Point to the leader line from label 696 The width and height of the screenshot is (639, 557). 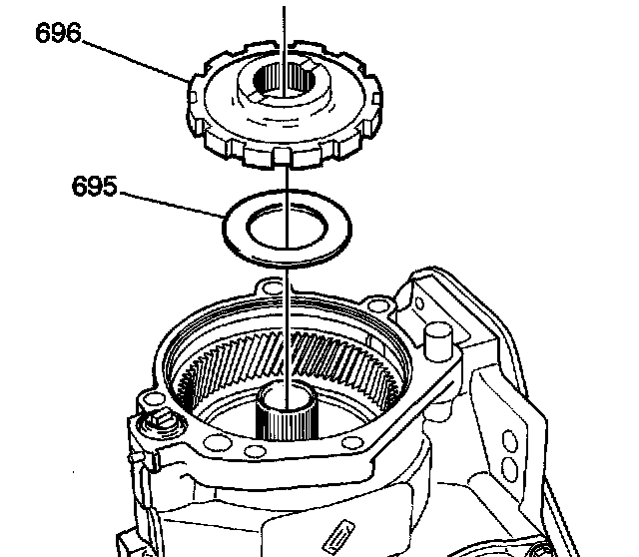click(139, 57)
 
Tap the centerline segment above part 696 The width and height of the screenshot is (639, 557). click(287, 25)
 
